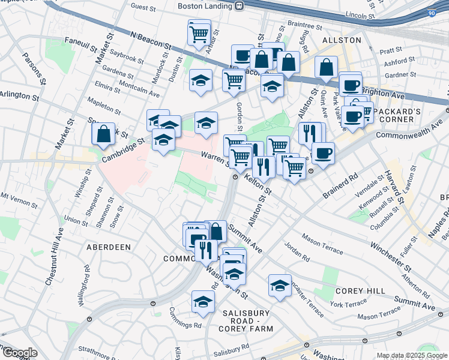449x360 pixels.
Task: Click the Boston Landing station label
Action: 204,7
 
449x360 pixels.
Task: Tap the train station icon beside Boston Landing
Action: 239,7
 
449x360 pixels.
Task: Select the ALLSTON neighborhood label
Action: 342,40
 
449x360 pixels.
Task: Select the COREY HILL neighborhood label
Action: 360,291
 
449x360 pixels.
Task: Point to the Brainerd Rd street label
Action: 340,187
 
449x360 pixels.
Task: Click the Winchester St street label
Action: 390,256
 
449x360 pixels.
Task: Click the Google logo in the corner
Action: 19,353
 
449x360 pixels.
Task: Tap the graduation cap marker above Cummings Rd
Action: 203,302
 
